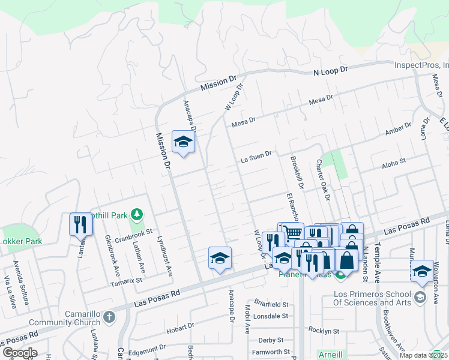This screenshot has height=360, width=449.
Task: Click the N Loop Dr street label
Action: [x=331, y=71]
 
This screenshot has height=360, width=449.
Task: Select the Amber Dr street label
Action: [x=399, y=130]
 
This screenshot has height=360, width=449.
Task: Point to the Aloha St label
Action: [x=394, y=161]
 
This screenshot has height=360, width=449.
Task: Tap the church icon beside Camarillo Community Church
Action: [x=109, y=316]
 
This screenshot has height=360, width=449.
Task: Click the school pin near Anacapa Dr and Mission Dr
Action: [x=183, y=142]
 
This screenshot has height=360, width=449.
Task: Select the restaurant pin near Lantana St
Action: [x=80, y=224]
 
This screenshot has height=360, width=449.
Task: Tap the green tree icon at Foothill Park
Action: [x=137, y=214]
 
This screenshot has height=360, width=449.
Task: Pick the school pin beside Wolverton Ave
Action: [x=423, y=271]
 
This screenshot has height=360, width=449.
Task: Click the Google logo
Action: [x=19, y=353]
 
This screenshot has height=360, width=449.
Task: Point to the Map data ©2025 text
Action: [x=423, y=355]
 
